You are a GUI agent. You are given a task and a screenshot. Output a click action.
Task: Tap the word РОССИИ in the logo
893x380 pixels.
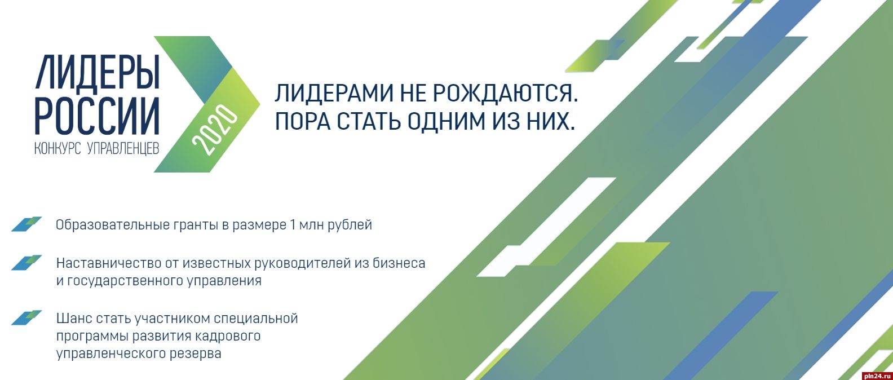[x=97, y=116]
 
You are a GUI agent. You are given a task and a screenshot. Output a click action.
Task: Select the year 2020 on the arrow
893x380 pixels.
[x=215, y=130]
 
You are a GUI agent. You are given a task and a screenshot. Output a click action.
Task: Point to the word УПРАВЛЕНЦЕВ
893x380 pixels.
[x=123, y=148]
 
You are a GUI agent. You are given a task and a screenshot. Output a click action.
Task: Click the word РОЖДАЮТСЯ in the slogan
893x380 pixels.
[x=505, y=94]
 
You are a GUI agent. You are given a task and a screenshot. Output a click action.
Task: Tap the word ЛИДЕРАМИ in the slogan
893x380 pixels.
[x=331, y=93]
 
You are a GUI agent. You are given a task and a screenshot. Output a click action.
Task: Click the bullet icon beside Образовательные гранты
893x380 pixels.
[x=26, y=224]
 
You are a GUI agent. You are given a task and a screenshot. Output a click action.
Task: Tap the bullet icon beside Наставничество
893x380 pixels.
[x=26, y=263]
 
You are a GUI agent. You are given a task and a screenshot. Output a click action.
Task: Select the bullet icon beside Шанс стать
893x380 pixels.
[x=26, y=318]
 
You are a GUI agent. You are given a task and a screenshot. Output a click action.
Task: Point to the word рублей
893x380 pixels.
[x=350, y=226]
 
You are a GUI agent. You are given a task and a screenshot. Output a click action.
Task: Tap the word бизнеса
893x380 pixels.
[x=399, y=263]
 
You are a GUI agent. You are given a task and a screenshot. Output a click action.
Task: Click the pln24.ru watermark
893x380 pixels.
[x=877, y=376]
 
